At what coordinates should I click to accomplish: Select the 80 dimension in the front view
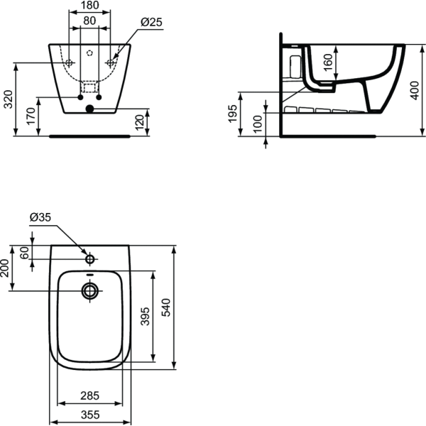(89, 21)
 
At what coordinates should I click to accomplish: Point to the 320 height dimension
(8, 99)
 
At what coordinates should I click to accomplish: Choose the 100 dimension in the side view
(258, 124)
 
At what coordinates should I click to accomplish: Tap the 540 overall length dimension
(167, 307)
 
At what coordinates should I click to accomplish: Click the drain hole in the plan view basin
(89, 290)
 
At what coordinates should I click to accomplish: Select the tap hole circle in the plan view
(89, 254)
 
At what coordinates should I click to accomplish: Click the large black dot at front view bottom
(89, 109)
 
